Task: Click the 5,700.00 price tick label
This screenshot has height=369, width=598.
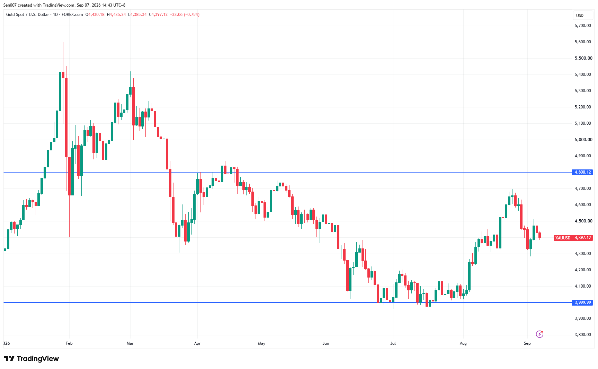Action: pos(583,26)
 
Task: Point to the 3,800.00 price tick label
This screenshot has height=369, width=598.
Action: pos(583,335)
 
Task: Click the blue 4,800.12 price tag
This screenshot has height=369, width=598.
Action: pos(583,172)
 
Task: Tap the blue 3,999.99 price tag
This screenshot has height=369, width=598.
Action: pos(583,302)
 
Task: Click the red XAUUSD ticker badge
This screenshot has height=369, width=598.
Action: pos(563,238)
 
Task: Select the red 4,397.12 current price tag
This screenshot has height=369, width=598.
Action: pos(583,238)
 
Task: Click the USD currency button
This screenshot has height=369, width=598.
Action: pos(580,16)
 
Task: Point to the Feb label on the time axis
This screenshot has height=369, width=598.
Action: pos(69,343)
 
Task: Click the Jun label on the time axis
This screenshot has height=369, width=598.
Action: pos(326,343)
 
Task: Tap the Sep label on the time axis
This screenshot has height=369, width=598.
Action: pos(527,343)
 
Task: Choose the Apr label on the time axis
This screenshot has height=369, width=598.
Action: pos(197,343)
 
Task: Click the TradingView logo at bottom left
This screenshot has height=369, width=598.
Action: pos(32,359)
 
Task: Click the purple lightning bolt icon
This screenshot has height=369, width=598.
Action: pos(539,334)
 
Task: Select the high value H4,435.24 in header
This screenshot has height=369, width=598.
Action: pos(116,15)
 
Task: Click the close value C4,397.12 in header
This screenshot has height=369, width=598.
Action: pos(158,15)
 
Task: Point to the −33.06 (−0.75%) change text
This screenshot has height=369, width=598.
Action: pos(185,15)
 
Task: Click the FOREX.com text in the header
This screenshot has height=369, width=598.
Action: pos(72,15)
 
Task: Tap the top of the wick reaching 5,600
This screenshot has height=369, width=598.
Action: pos(63,42)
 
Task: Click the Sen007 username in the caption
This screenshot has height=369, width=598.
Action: pos(10,5)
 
